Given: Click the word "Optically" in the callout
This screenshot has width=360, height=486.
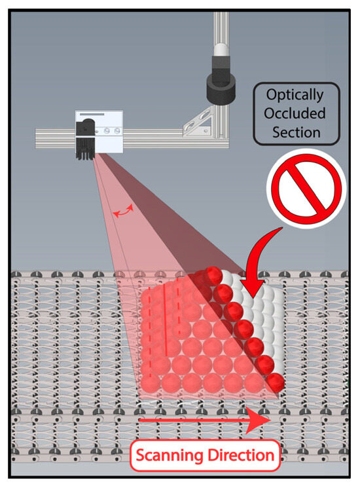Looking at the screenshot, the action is pos(295,95).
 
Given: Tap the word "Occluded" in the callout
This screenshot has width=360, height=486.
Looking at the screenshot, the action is pos(295,113).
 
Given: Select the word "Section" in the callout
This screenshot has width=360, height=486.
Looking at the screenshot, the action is pos(296,132).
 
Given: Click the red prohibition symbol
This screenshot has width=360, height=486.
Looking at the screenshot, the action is pos(306,189).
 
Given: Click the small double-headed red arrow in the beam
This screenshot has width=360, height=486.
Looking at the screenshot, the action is pos(123,211).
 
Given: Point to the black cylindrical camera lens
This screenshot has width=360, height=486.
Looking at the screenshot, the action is pos(221,88).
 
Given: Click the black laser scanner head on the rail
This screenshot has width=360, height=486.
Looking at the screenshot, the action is pos(84,140).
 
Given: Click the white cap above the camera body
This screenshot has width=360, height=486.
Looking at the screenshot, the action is pos(221,50).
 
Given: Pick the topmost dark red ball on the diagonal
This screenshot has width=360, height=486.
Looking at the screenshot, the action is pos(213,276).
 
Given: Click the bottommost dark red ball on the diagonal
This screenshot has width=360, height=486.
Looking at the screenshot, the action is pos(275,383).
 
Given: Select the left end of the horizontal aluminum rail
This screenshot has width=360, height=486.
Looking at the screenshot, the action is pos(36,138).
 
